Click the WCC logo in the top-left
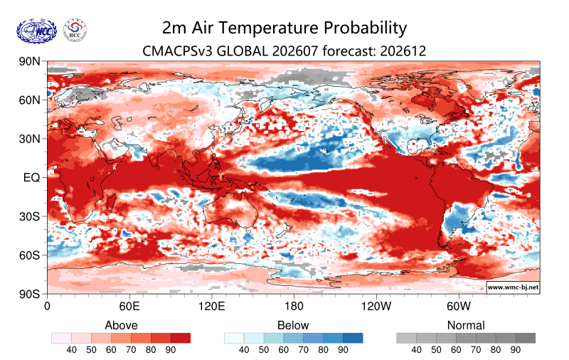pyautogui.click(x=37, y=31)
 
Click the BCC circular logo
pyautogui.click(x=75, y=31)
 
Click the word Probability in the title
pyautogui.click(x=363, y=28)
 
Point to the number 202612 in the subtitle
pyautogui.click(x=403, y=51)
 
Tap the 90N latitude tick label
pyautogui.click(x=30, y=61)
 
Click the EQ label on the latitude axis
pyautogui.click(x=31, y=177)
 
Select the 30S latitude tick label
pyautogui.click(x=30, y=216)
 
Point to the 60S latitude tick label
pyautogui.click(x=30, y=255)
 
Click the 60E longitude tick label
pyautogui.click(x=129, y=306)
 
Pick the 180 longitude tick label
pyautogui.click(x=294, y=306)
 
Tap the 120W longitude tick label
pyautogui.click(x=376, y=306)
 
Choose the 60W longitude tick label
pyautogui.click(x=459, y=306)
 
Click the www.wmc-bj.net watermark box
pyautogui.click(x=513, y=287)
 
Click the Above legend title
pyautogui.click(x=121, y=325)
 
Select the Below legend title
pyautogui.click(x=293, y=325)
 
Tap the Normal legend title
pyautogui.click(x=466, y=325)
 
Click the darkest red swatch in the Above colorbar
pyautogui.click(x=181, y=338)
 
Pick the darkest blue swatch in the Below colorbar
pyautogui.click(x=353, y=338)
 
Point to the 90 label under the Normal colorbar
pyautogui.click(x=515, y=350)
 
